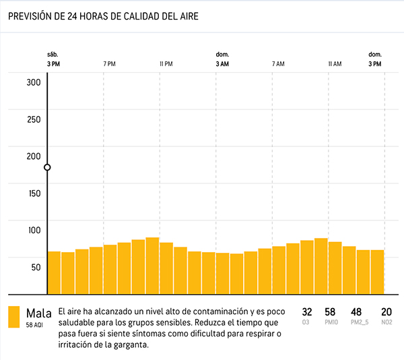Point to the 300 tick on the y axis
(x=34, y=82)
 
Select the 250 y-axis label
(x=34, y=119)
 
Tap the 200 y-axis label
(x=34, y=156)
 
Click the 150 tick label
(x=34, y=193)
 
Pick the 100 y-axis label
(x=34, y=230)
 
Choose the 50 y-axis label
(x=36, y=266)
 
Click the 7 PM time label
(x=109, y=64)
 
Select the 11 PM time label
(x=166, y=64)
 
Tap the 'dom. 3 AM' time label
(x=222, y=59)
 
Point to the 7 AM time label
(x=278, y=64)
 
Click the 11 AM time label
(x=335, y=64)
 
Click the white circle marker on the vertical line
(x=47, y=167)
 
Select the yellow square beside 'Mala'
(x=13, y=317)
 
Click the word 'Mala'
(x=39, y=313)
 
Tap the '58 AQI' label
(x=35, y=324)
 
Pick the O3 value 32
(x=307, y=312)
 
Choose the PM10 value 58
(x=330, y=312)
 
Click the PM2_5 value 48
(x=356, y=312)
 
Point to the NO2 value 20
(x=386, y=312)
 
